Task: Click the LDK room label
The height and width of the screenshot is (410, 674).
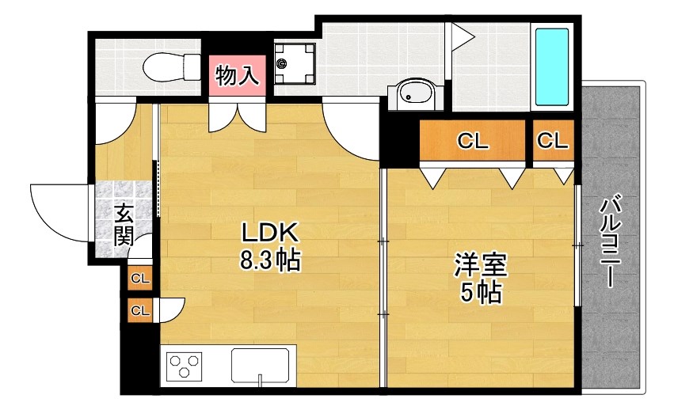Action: pos(269,233)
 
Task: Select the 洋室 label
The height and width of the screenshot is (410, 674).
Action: pos(480,264)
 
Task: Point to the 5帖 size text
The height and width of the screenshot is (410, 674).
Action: pos(480,293)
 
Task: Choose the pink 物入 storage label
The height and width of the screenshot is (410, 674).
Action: pos(236,76)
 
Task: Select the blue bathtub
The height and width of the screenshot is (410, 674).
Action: pos(552,67)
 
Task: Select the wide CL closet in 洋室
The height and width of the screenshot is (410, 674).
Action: pos(473,141)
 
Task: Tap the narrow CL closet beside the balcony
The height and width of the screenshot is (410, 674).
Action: pos(553,141)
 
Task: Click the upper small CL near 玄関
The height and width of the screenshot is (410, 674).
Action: pos(140,279)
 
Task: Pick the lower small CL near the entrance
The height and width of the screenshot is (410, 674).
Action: pos(140,310)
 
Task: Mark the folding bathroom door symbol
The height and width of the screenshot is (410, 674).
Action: pos(462,36)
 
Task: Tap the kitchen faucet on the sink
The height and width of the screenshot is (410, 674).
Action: pos(260,379)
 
